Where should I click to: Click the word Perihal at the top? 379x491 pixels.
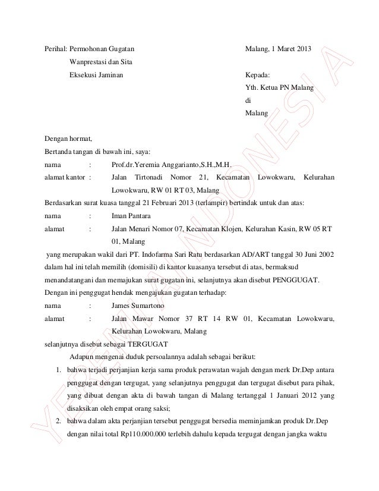56,48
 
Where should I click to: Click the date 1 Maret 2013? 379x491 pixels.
293,48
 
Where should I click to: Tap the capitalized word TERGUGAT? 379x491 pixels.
144,344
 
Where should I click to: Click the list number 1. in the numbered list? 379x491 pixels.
59,370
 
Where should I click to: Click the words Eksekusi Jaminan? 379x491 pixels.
97,76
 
